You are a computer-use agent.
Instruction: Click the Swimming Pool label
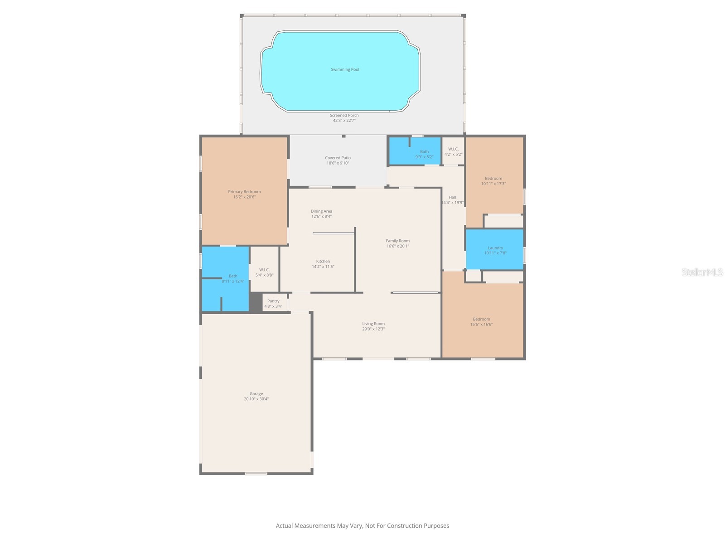click(x=345, y=69)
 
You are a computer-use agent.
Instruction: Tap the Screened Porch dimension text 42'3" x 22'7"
click(x=344, y=121)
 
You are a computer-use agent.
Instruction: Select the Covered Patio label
click(x=338, y=158)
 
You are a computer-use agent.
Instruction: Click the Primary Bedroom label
click(x=244, y=192)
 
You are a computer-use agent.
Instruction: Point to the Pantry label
click(x=273, y=301)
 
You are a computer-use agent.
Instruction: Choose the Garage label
click(x=256, y=394)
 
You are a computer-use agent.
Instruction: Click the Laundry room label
click(x=495, y=248)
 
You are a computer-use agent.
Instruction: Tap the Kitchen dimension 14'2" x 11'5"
click(x=323, y=267)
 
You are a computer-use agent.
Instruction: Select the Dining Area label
click(x=321, y=211)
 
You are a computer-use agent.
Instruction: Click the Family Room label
click(x=398, y=241)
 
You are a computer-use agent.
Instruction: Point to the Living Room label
click(x=373, y=324)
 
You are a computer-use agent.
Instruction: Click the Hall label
click(x=452, y=197)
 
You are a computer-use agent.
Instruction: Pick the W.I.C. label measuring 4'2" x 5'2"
click(x=453, y=149)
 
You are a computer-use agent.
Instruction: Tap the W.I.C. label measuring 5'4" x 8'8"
click(x=264, y=270)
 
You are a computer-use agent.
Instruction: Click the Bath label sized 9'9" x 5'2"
click(x=424, y=152)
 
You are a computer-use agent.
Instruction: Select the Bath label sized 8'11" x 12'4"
click(x=233, y=276)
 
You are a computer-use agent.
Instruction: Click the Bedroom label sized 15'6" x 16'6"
click(x=481, y=319)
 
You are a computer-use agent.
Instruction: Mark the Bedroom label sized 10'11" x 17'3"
click(x=493, y=179)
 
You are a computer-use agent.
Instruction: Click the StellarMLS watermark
click(x=702, y=272)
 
